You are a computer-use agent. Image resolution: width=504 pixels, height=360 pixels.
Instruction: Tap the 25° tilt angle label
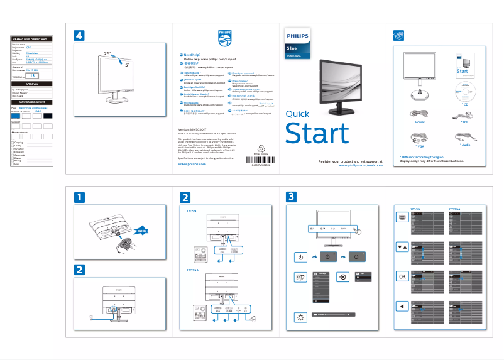tap(107, 55)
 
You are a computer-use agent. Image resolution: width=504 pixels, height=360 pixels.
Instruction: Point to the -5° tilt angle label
tap(127, 65)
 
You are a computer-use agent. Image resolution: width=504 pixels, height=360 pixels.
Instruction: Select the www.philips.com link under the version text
tap(192, 163)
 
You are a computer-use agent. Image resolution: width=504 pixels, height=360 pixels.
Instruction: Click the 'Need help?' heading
tap(192, 55)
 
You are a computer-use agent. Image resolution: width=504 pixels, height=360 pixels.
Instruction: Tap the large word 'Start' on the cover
tap(317, 134)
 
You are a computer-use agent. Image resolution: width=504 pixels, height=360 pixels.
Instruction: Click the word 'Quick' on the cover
tap(297, 114)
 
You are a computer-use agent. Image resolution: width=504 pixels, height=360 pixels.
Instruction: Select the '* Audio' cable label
tap(465, 145)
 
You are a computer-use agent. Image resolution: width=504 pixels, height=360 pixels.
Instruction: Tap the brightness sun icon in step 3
tap(300, 316)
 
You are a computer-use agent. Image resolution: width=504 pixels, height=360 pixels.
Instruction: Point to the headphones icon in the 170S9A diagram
tap(253, 320)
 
